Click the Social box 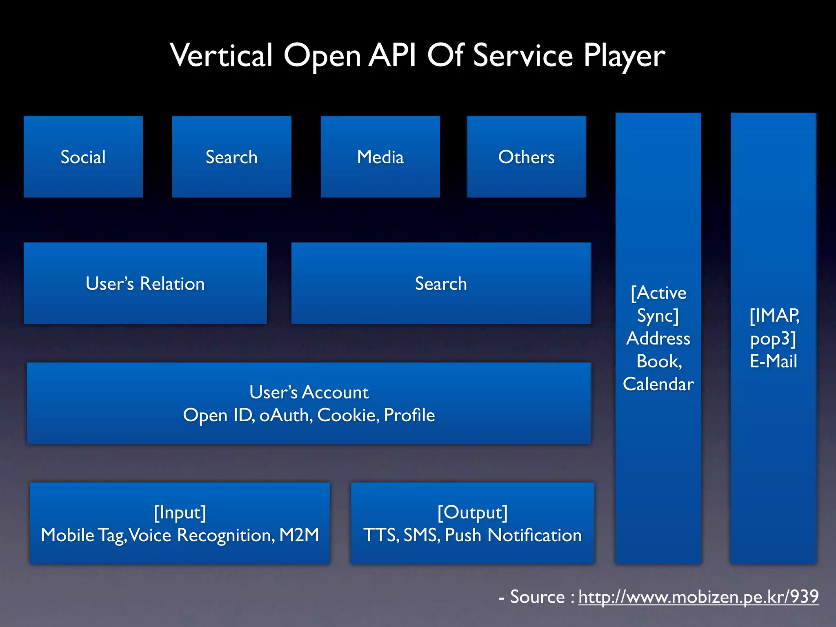83,157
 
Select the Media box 380,157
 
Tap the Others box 526,157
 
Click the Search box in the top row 231,157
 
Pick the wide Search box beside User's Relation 441,283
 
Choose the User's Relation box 145,283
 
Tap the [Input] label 180,513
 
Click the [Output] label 472,513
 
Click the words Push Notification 513,535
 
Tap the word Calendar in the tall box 658,384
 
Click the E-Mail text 773,361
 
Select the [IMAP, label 774,316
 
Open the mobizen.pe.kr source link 698,597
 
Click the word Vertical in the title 221,55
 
